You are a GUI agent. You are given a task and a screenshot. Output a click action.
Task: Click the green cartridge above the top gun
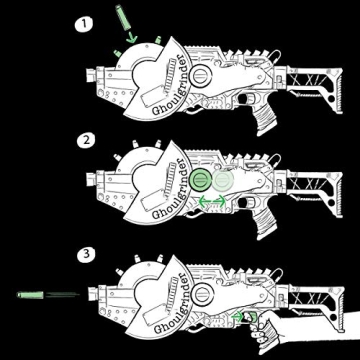122,19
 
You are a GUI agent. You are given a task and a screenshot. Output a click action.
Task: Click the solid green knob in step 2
201,181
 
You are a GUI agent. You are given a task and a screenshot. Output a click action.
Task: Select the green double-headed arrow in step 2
212,203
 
